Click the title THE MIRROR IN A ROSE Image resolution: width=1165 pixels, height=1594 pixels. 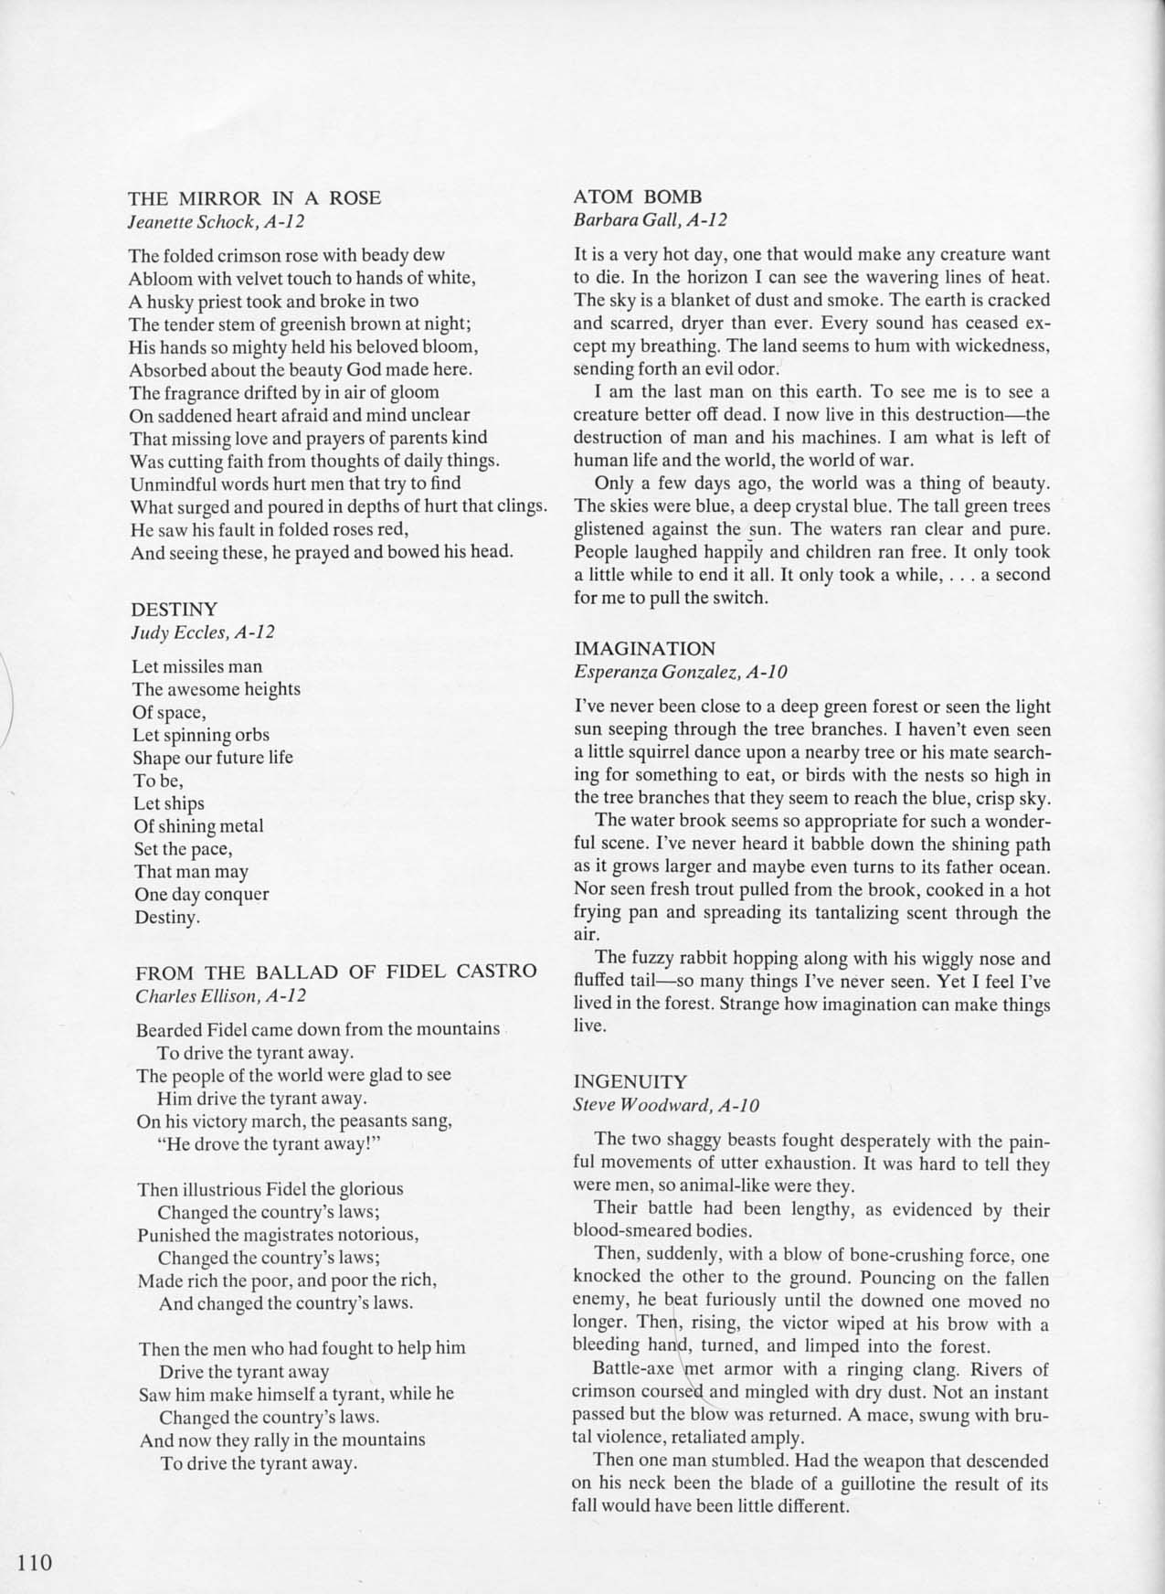254,197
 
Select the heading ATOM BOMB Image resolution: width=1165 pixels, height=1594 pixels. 638,196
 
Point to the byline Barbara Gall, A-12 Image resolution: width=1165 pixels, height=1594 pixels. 650,219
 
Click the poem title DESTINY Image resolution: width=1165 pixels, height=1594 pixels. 174,609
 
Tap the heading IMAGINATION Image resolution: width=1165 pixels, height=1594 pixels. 644,649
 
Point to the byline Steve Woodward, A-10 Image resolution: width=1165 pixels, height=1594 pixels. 666,1105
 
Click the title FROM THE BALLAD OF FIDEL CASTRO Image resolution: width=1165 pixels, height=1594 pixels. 335,971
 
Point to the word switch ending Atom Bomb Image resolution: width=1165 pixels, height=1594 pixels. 743,599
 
